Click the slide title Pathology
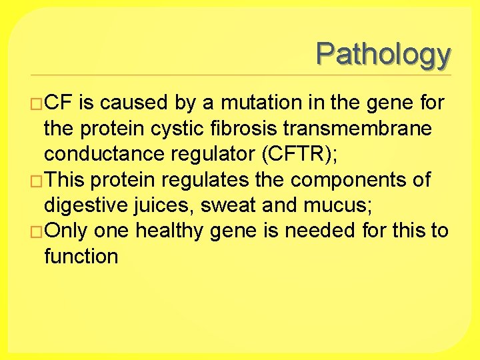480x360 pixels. point(383,54)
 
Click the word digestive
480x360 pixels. point(85,205)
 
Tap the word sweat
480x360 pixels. point(228,205)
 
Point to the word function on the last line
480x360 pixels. point(81,256)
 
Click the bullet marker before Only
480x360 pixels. point(36,231)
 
